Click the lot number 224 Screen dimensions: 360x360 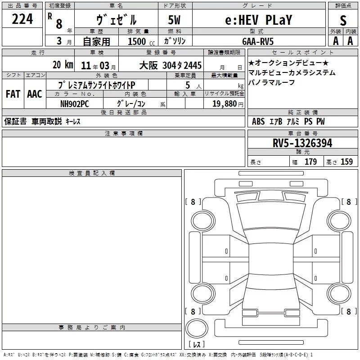coord(22,19)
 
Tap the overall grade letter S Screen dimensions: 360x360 coord(343,20)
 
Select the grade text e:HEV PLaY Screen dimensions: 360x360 coord(258,20)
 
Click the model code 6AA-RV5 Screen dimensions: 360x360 coord(258,41)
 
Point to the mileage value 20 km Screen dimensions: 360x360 coord(63,65)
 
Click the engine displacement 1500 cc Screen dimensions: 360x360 coord(141,41)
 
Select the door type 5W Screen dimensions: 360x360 coord(174,20)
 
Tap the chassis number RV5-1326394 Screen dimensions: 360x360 coord(302,143)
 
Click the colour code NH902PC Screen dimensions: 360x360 coord(74,104)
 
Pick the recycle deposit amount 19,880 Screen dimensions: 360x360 coord(225,103)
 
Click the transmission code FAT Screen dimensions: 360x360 coord(13,94)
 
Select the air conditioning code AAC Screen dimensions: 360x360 coord(35,94)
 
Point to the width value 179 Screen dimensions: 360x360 coord(310,162)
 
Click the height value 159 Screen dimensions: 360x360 coord(346,162)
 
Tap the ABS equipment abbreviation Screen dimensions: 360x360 coord(258,121)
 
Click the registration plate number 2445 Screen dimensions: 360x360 coord(193,65)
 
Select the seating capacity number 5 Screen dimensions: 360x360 coord(188,85)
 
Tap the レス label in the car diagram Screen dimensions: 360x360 coord(197,344)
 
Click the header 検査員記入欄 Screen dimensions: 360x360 coord(92,173)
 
